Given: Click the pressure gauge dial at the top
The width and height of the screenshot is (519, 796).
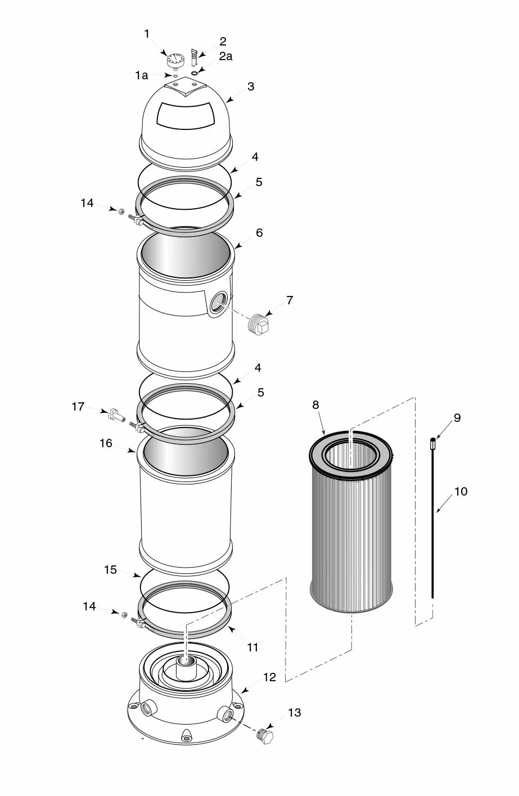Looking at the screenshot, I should (x=175, y=59).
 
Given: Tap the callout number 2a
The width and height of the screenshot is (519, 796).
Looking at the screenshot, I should (x=225, y=56).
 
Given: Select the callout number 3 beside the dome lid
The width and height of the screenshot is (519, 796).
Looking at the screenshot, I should (x=251, y=87).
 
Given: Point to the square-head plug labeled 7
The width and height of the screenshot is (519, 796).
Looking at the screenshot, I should (x=260, y=324).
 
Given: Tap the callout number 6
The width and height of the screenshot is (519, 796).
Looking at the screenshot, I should (x=259, y=232).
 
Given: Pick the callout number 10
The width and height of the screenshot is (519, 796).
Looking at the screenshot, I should (x=461, y=492).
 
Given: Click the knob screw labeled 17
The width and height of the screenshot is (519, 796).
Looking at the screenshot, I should (x=116, y=415).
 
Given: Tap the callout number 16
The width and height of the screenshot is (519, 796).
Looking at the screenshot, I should (x=106, y=443).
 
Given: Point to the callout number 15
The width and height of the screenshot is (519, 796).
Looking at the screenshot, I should (x=110, y=570).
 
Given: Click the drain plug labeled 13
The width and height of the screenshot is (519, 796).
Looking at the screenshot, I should (x=264, y=736).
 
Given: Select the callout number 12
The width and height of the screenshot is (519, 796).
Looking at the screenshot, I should (x=270, y=677).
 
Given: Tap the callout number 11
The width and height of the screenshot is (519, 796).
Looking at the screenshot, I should (x=252, y=647).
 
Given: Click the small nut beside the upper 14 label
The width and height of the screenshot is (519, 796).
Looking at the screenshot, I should (x=120, y=210).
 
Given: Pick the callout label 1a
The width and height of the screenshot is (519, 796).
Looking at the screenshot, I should (x=141, y=75).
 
